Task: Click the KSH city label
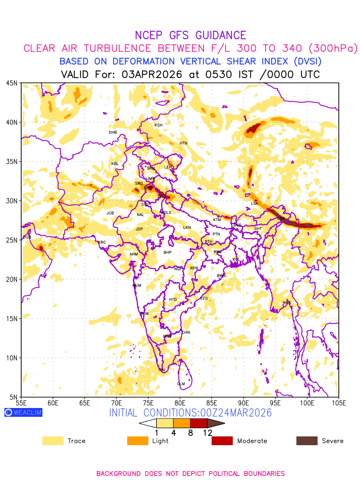tap(158, 125)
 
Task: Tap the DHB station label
tap(113, 132)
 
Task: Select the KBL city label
tap(115, 164)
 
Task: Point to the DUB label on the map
tap(27, 237)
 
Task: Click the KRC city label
tap(102, 242)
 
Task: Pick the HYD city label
tap(173, 300)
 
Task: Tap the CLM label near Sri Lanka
tap(181, 384)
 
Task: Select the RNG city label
tap(287, 303)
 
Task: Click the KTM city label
tap(217, 220)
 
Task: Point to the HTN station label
tap(183, 143)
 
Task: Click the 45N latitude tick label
tap(12, 83)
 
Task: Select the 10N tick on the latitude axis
tap(12, 358)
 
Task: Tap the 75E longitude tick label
tap(148, 402)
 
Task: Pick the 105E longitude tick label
tap(338, 402)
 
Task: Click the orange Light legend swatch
tap(138, 441)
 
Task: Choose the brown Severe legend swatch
tap(307, 441)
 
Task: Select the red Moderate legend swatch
tap(222, 441)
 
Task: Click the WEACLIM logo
tap(23, 412)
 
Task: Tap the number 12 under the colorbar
tap(207, 432)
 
